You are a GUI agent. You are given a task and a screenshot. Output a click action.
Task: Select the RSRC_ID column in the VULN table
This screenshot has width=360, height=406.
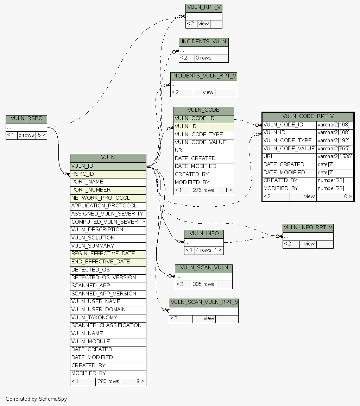[108, 174]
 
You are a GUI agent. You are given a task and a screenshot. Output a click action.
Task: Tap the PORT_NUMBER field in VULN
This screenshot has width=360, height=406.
[108, 190]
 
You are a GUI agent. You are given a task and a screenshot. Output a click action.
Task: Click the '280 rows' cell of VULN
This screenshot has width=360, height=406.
[108, 381]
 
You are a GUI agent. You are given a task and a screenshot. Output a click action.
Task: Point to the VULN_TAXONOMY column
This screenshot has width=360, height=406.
[108, 318]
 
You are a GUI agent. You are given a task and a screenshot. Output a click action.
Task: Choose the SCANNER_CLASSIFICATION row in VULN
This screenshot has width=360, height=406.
[108, 325]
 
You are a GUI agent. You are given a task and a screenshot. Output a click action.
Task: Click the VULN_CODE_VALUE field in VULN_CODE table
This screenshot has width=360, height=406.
[203, 143]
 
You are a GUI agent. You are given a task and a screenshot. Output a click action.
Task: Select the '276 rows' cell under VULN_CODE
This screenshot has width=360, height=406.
[203, 190]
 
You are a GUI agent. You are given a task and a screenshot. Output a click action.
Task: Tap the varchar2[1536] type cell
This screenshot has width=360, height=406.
[335, 157]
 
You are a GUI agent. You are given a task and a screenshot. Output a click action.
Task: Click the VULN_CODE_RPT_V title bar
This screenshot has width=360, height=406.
[308, 117]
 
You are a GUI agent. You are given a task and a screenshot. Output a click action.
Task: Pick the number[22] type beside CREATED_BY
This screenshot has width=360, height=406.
[335, 180]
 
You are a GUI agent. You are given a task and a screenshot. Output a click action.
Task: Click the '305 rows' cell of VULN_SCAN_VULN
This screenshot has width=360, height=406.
[203, 284]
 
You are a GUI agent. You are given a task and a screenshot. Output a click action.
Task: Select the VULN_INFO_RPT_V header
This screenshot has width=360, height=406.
[308, 228]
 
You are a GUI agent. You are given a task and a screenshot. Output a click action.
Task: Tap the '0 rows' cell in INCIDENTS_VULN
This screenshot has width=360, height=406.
[203, 58]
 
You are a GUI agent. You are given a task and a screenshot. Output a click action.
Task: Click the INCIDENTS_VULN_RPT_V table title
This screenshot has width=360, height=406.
[203, 76]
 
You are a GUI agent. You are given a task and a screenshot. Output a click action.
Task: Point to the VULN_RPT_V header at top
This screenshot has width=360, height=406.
[204, 8]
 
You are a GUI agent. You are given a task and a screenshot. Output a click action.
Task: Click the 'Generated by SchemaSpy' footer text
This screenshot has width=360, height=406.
[36, 399]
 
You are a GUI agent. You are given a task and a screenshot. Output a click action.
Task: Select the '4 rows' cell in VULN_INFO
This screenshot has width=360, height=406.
[203, 250]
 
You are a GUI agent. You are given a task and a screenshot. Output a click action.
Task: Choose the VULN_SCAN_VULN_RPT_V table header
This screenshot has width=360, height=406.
[203, 302]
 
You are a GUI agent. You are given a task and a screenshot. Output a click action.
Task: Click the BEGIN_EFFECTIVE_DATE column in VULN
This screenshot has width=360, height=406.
[108, 254]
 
